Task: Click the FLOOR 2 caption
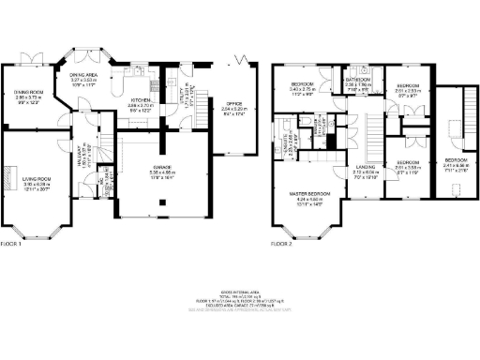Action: point(282,246)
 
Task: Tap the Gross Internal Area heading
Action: point(239,292)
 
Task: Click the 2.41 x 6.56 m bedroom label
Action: point(456,160)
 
